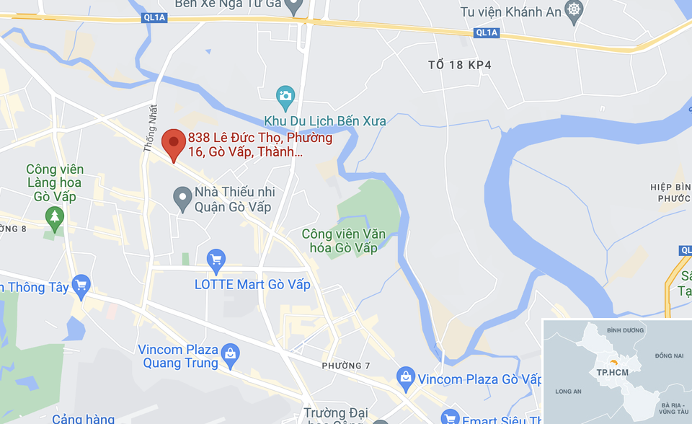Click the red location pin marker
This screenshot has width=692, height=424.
click(x=173, y=143)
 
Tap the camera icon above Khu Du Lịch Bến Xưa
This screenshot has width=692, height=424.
click(x=286, y=94)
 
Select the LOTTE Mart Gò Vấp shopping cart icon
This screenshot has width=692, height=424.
click(x=216, y=259)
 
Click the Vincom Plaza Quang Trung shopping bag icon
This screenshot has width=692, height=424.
click(x=230, y=353)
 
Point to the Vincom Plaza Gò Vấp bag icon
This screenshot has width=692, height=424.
click(x=406, y=376)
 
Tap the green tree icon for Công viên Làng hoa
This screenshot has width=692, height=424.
click(x=54, y=216)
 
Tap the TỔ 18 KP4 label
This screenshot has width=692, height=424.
click(x=459, y=65)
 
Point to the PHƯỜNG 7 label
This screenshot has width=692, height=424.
click(x=346, y=366)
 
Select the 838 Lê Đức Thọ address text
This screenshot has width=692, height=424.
click(x=259, y=145)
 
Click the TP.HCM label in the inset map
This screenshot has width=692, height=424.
click(x=610, y=372)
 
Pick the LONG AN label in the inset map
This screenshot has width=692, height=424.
click(x=569, y=392)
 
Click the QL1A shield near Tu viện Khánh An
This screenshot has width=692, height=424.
click(x=487, y=32)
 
